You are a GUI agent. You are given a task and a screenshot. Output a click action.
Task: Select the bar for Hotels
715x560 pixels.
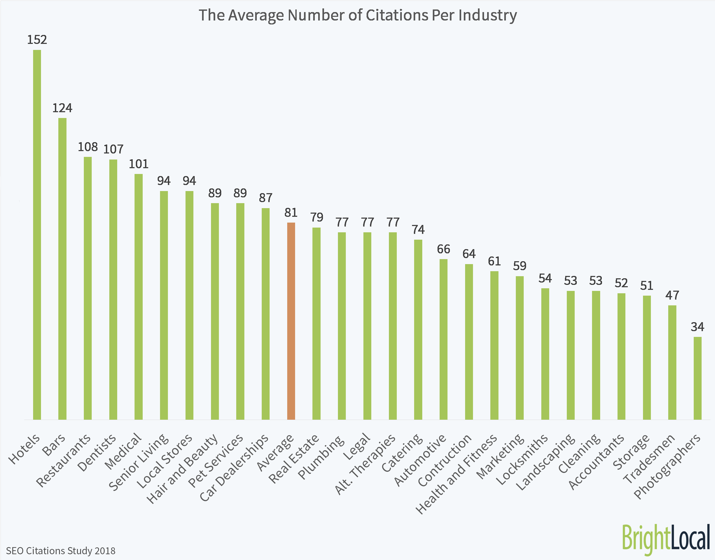tap(37, 234)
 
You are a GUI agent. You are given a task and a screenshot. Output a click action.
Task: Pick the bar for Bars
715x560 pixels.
tap(62, 269)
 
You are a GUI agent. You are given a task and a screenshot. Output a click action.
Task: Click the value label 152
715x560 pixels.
tap(37, 40)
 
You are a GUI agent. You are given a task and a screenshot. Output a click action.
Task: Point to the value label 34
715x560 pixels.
tap(697, 327)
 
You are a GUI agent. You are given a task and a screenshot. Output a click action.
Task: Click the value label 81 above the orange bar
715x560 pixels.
tap(291, 213)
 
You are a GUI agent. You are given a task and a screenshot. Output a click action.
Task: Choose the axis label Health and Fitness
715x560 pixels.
tap(456, 474)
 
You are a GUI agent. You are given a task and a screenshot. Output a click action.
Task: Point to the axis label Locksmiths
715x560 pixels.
tap(522, 459)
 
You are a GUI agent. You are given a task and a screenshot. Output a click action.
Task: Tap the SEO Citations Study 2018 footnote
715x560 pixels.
tap(61, 551)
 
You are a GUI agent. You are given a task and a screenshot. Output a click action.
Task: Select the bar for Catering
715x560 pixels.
tap(418, 329)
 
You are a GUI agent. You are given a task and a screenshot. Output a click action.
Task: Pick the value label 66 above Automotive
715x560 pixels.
tap(443, 249)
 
